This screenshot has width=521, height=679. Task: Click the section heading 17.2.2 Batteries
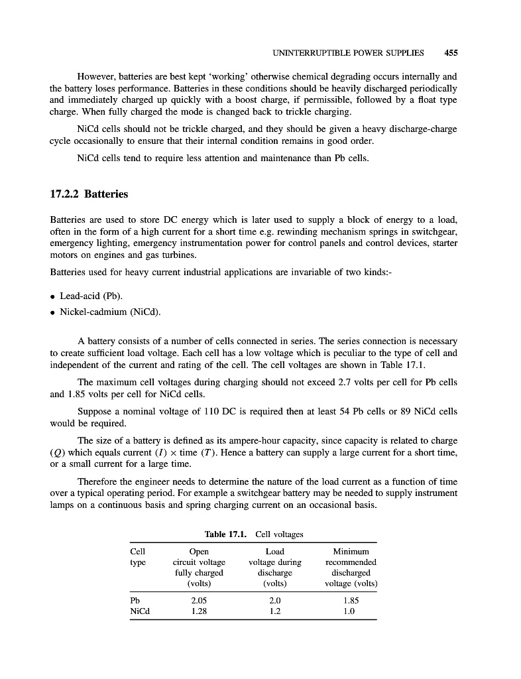(x=89, y=194)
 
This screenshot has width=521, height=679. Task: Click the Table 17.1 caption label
(x=226, y=533)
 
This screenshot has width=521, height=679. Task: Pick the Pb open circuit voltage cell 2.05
(x=199, y=600)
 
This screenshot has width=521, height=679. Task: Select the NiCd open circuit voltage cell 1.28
(x=199, y=612)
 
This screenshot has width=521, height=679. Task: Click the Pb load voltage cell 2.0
(x=274, y=600)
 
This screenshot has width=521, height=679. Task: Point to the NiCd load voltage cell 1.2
(x=274, y=612)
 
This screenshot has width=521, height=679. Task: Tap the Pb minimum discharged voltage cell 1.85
(x=351, y=600)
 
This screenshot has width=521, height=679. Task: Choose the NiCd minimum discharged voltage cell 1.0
(x=351, y=612)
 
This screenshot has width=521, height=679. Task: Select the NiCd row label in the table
(x=140, y=612)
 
